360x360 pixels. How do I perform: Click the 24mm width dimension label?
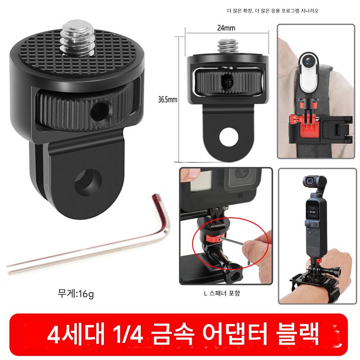coord(226,28)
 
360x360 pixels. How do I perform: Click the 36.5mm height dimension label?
coord(167,99)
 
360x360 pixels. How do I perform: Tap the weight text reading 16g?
coord(86,294)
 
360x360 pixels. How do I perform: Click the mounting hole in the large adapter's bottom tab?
coord(88,182)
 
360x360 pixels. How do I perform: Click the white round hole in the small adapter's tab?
coord(229,137)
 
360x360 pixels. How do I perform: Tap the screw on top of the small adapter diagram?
coord(227,47)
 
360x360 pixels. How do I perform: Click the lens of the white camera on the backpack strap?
coord(309,60)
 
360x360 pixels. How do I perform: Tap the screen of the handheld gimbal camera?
coord(312,210)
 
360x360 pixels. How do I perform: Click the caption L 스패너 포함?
coord(222,293)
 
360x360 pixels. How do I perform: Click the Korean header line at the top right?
coord(273,11)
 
